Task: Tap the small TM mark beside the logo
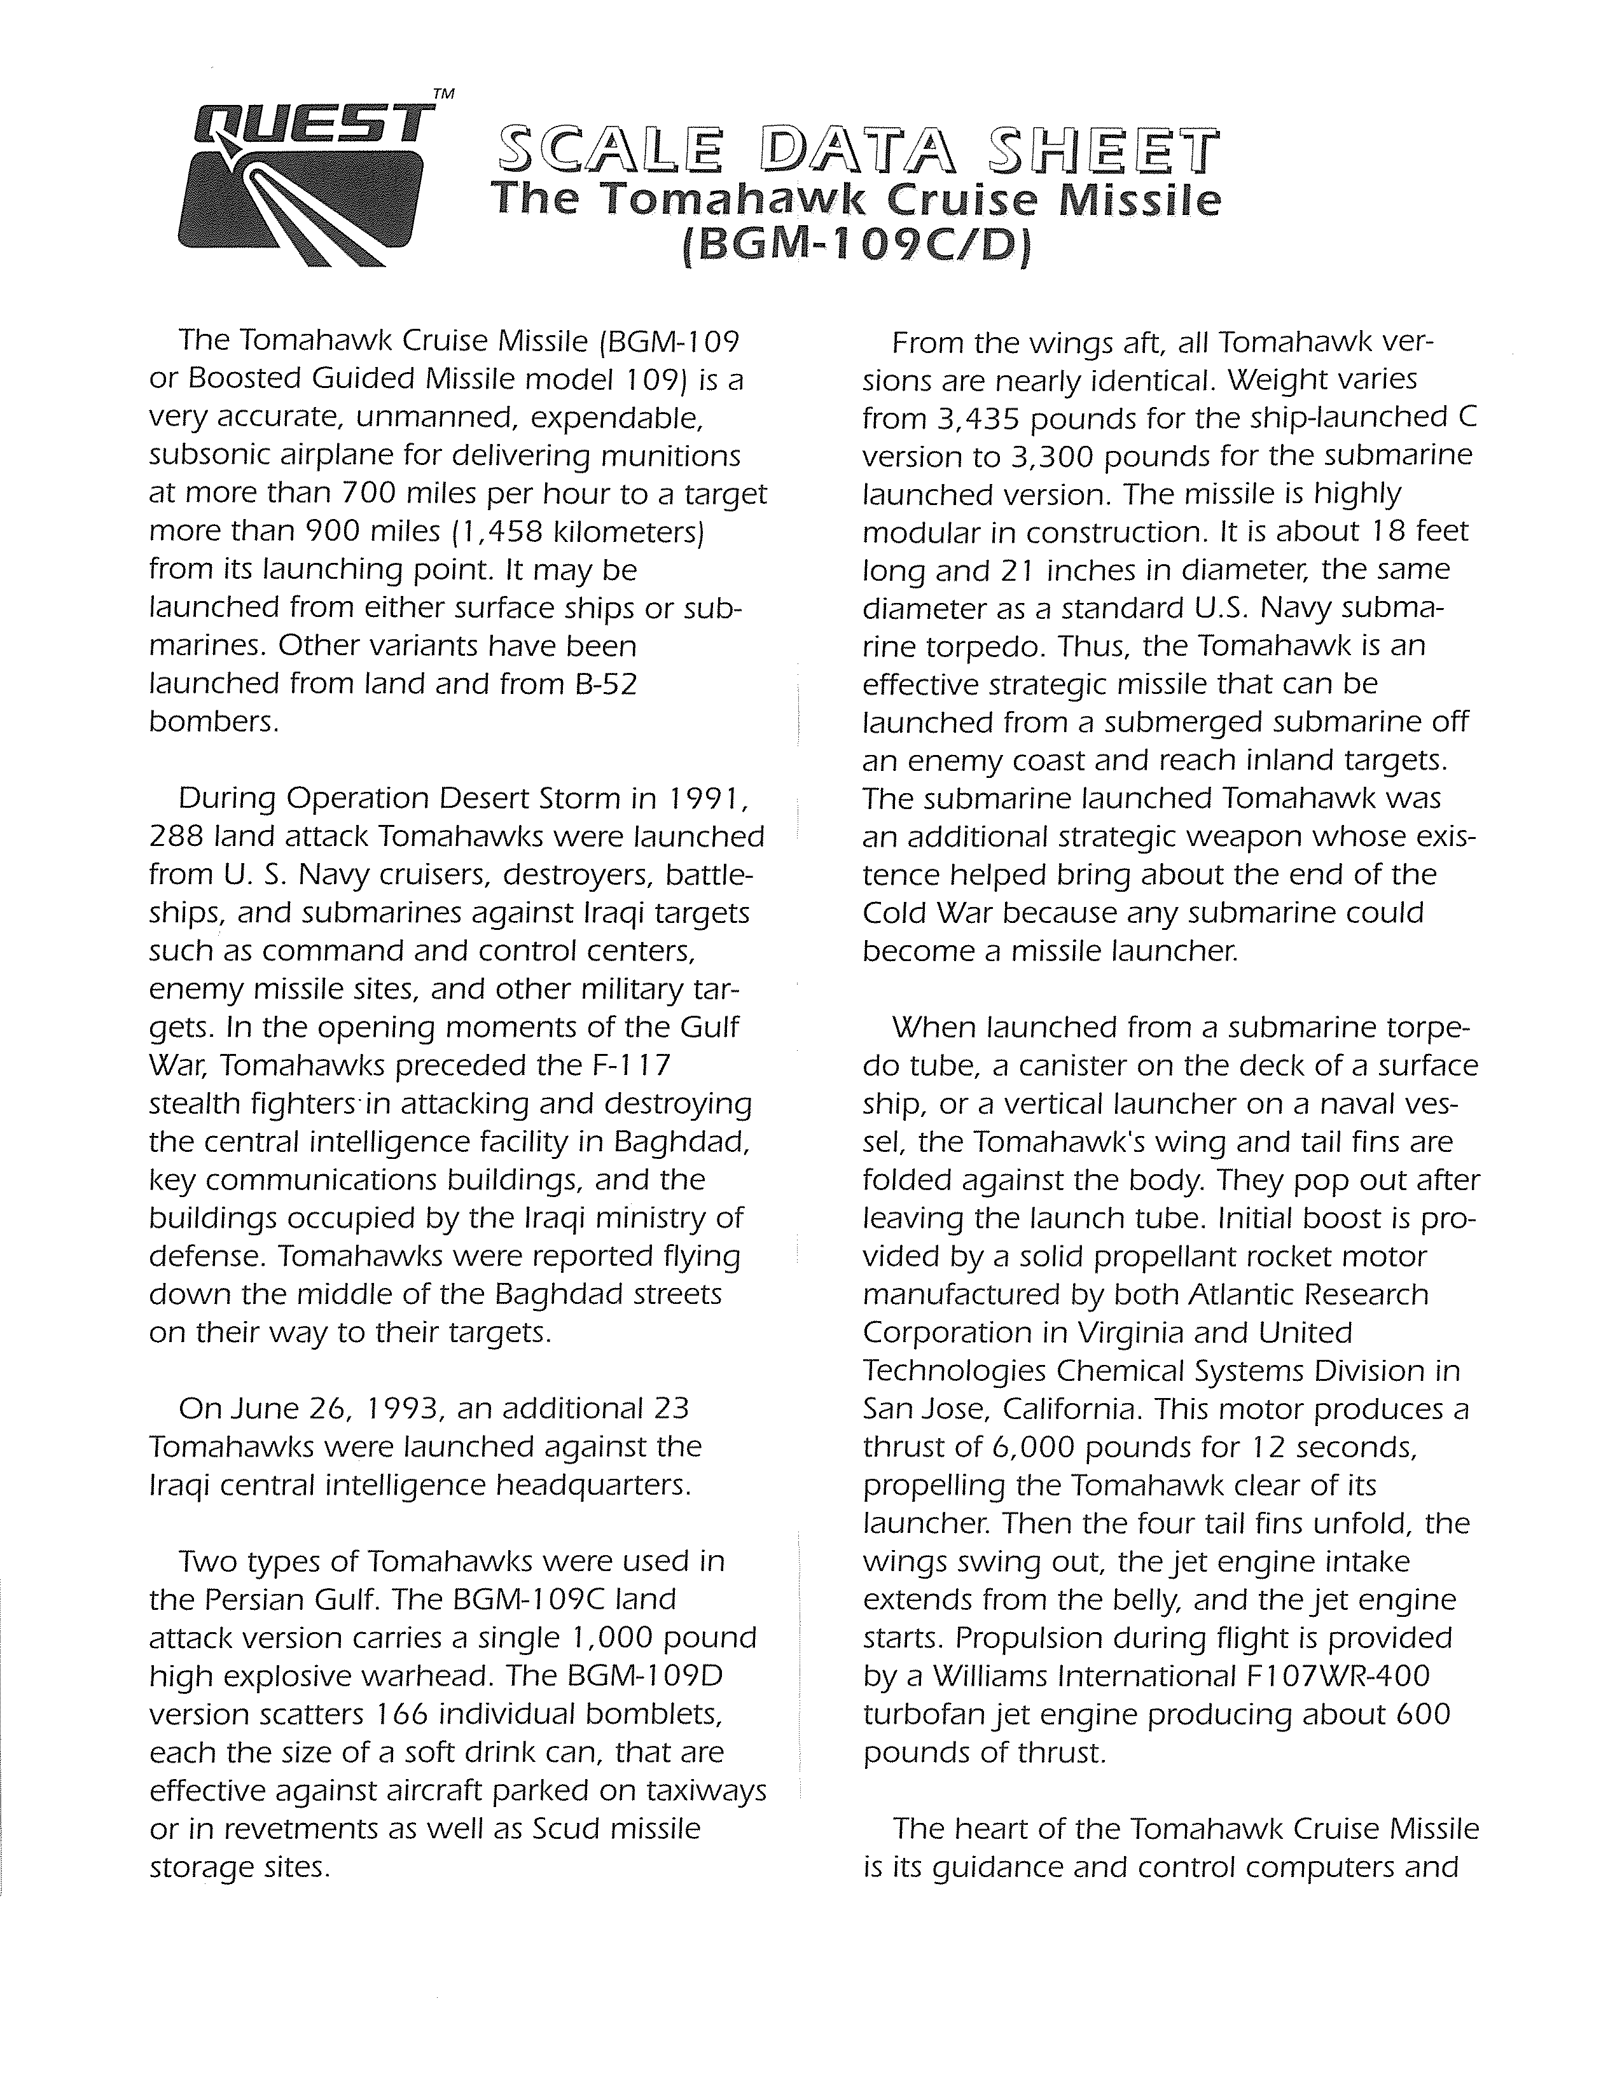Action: (443, 94)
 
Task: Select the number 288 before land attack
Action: (177, 837)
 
